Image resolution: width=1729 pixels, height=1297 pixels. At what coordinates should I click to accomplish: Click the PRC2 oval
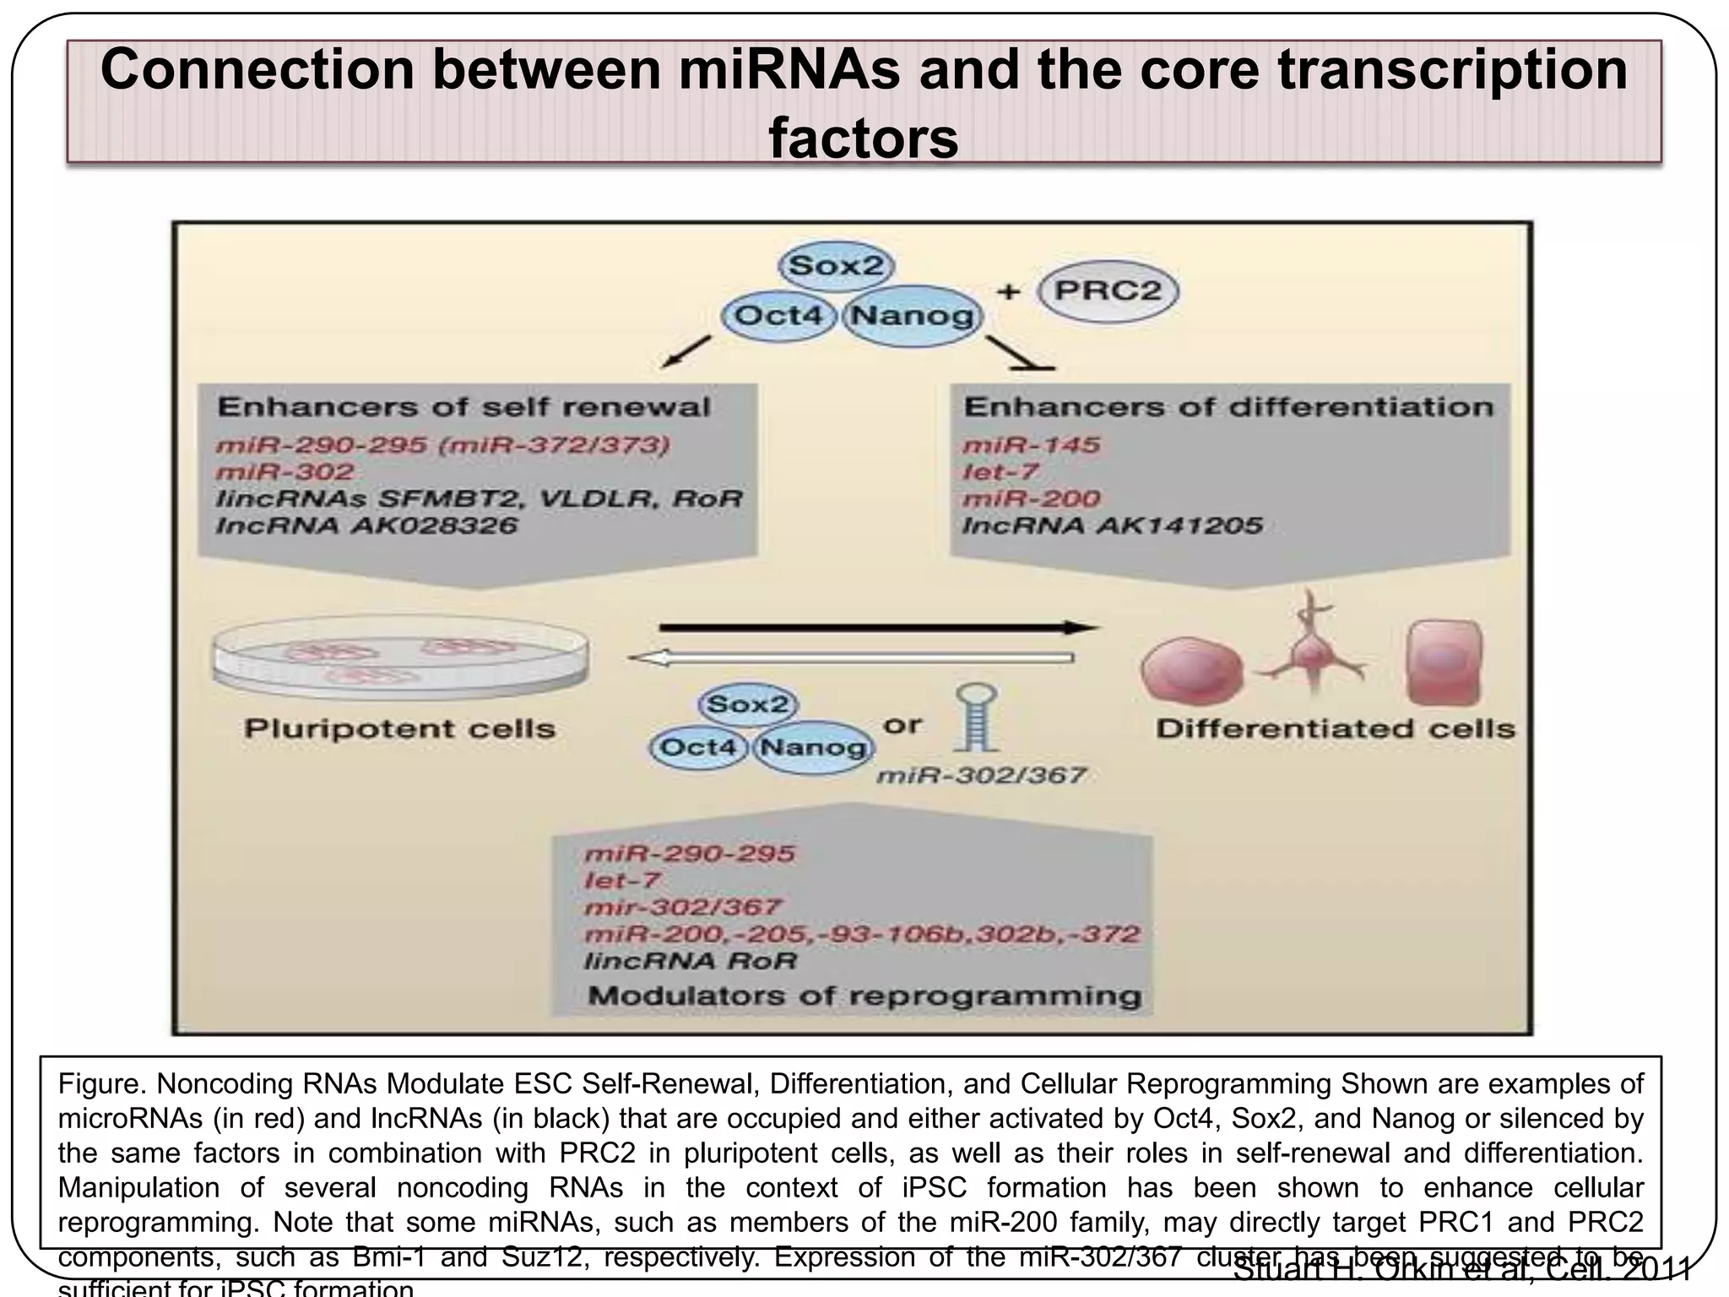click(x=1108, y=291)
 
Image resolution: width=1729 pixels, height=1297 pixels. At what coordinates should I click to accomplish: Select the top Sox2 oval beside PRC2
click(x=836, y=266)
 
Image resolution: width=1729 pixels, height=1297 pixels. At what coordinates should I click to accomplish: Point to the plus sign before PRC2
click(x=1008, y=292)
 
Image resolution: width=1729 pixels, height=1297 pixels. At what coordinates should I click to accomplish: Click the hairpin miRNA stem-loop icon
click(x=976, y=718)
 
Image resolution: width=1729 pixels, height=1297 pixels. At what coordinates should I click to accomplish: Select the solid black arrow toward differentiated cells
click(x=878, y=627)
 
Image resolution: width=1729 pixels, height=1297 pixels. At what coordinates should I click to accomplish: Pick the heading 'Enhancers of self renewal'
click(x=463, y=407)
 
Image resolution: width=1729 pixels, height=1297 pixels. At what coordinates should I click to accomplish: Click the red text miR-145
click(x=1032, y=445)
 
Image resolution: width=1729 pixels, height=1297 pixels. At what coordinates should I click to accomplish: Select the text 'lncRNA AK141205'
click(x=1112, y=525)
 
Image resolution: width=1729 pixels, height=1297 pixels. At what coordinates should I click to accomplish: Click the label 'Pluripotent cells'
click(x=399, y=729)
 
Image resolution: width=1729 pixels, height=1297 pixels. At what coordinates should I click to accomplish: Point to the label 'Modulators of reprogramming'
click(x=864, y=996)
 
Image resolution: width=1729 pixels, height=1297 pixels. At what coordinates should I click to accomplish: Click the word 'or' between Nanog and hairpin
click(x=902, y=724)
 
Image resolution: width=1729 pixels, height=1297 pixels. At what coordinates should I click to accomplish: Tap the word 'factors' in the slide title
click(x=863, y=138)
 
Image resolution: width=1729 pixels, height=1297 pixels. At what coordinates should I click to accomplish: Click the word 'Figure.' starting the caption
click(x=102, y=1084)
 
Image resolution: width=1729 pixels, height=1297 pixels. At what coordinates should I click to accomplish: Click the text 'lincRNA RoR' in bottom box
click(x=690, y=961)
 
